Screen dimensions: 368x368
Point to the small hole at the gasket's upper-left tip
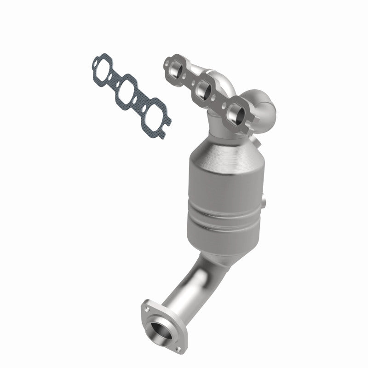[x=95, y=60]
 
